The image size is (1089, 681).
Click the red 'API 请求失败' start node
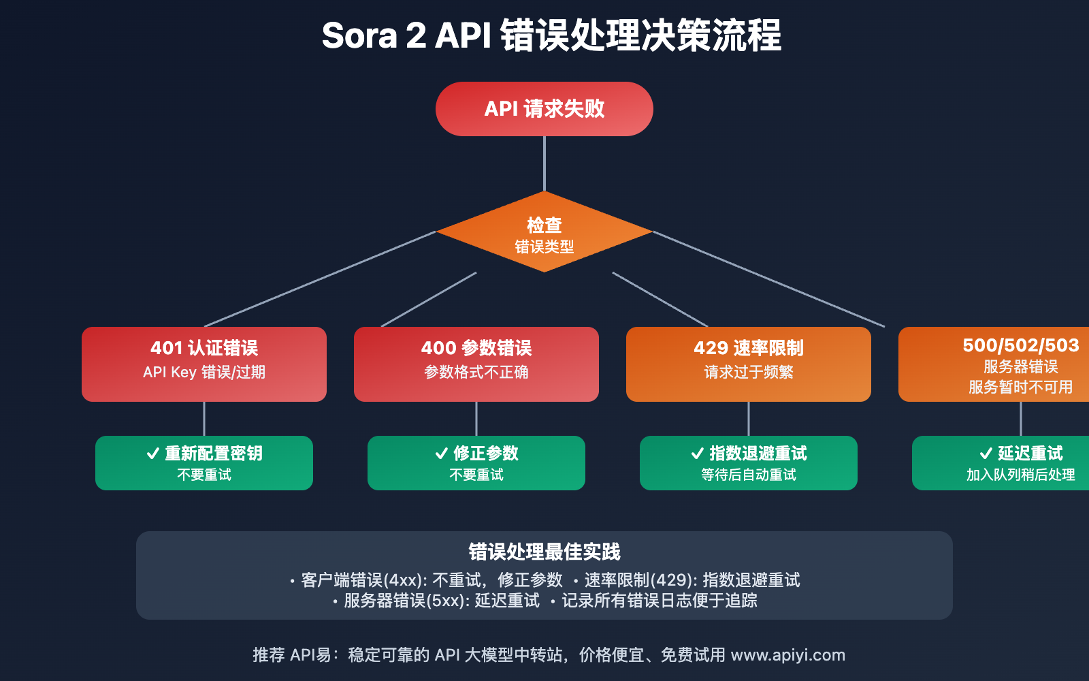coord(544,109)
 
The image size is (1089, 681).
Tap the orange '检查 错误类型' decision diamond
coord(544,233)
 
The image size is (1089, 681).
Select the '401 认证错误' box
coord(204,364)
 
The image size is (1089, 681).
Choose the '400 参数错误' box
coord(476,364)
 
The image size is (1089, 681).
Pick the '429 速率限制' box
coord(749,364)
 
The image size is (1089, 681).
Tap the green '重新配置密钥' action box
coord(204,463)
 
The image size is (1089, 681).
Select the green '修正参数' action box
coord(476,463)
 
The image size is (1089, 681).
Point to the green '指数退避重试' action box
coord(749,463)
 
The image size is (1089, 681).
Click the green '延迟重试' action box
coord(1007,463)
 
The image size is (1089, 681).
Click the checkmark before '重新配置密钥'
coord(153,454)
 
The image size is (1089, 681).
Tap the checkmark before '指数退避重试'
coord(698,454)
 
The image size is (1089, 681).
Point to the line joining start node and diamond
coord(544,163)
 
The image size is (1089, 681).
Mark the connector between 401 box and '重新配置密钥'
coord(204,419)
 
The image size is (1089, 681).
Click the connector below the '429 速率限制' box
coord(749,419)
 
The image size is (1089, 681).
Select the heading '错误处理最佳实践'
coord(544,552)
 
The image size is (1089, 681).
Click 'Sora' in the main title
coord(359,36)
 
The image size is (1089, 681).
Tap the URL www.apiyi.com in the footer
coord(787,655)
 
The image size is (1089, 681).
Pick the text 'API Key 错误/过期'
coord(204,373)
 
